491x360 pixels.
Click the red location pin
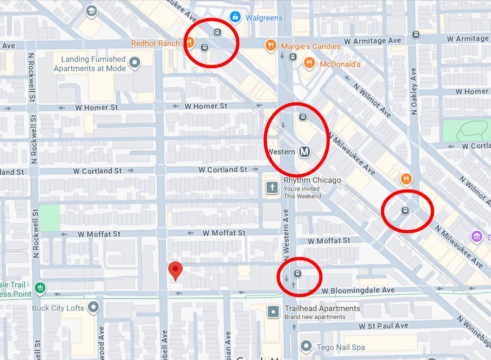(x=175, y=271)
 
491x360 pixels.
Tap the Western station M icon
(x=304, y=152)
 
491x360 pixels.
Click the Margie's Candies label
(x=310, y=46)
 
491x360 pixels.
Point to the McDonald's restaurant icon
(x=308, y=63)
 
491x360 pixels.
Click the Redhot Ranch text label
(x=155, y=44)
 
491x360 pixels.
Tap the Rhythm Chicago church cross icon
(x=272, y=188)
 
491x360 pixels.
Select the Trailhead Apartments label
(x=322, y=309)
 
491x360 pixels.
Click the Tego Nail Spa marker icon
(x=306, y=346)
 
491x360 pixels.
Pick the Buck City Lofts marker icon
(x=94, y=307)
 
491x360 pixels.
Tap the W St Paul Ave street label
(x=383, y=326)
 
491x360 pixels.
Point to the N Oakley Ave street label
(x=414, y=91)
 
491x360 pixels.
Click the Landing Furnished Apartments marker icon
(x=135, y=62)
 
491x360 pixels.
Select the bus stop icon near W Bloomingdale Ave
(x=298, y=274)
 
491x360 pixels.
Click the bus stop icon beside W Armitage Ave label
(x=416, y=34)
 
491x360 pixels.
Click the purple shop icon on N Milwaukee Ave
(x=477, y=236)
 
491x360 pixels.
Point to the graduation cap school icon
(x=91, y=11)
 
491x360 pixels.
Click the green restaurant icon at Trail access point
(x=40, y=288)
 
